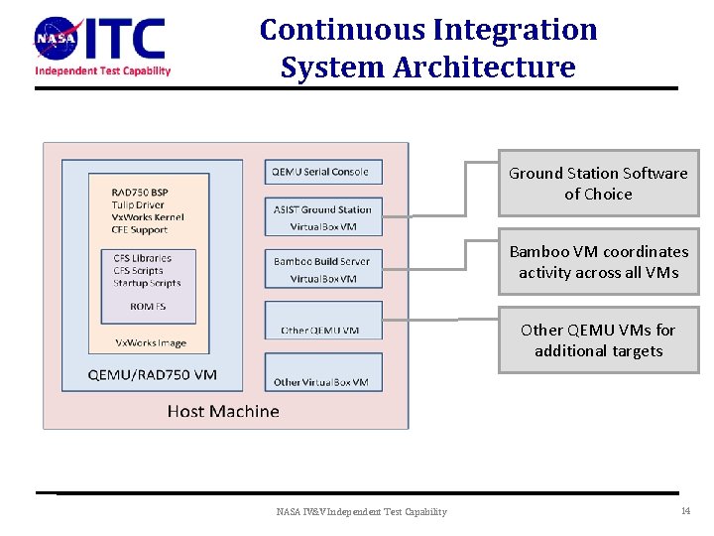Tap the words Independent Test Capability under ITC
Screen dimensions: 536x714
(103, 70)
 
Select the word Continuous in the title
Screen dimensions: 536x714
(343, 30)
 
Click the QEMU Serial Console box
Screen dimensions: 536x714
(323, 172)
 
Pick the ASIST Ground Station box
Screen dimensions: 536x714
(323, 217)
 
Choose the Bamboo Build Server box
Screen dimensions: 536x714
(323, 269)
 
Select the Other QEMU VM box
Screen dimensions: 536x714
(323, 321)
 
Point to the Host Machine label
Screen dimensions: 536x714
(223, 411)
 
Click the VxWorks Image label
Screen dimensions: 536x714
(151, 343)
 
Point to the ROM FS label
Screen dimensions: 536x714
(149, 307)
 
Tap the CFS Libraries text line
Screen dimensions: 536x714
(143, 258)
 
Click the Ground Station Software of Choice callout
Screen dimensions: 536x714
(598, 184)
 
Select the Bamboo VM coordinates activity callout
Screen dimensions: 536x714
(598, 262)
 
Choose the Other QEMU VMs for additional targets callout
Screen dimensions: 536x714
(598, 340)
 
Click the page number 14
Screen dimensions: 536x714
(685, 511)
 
